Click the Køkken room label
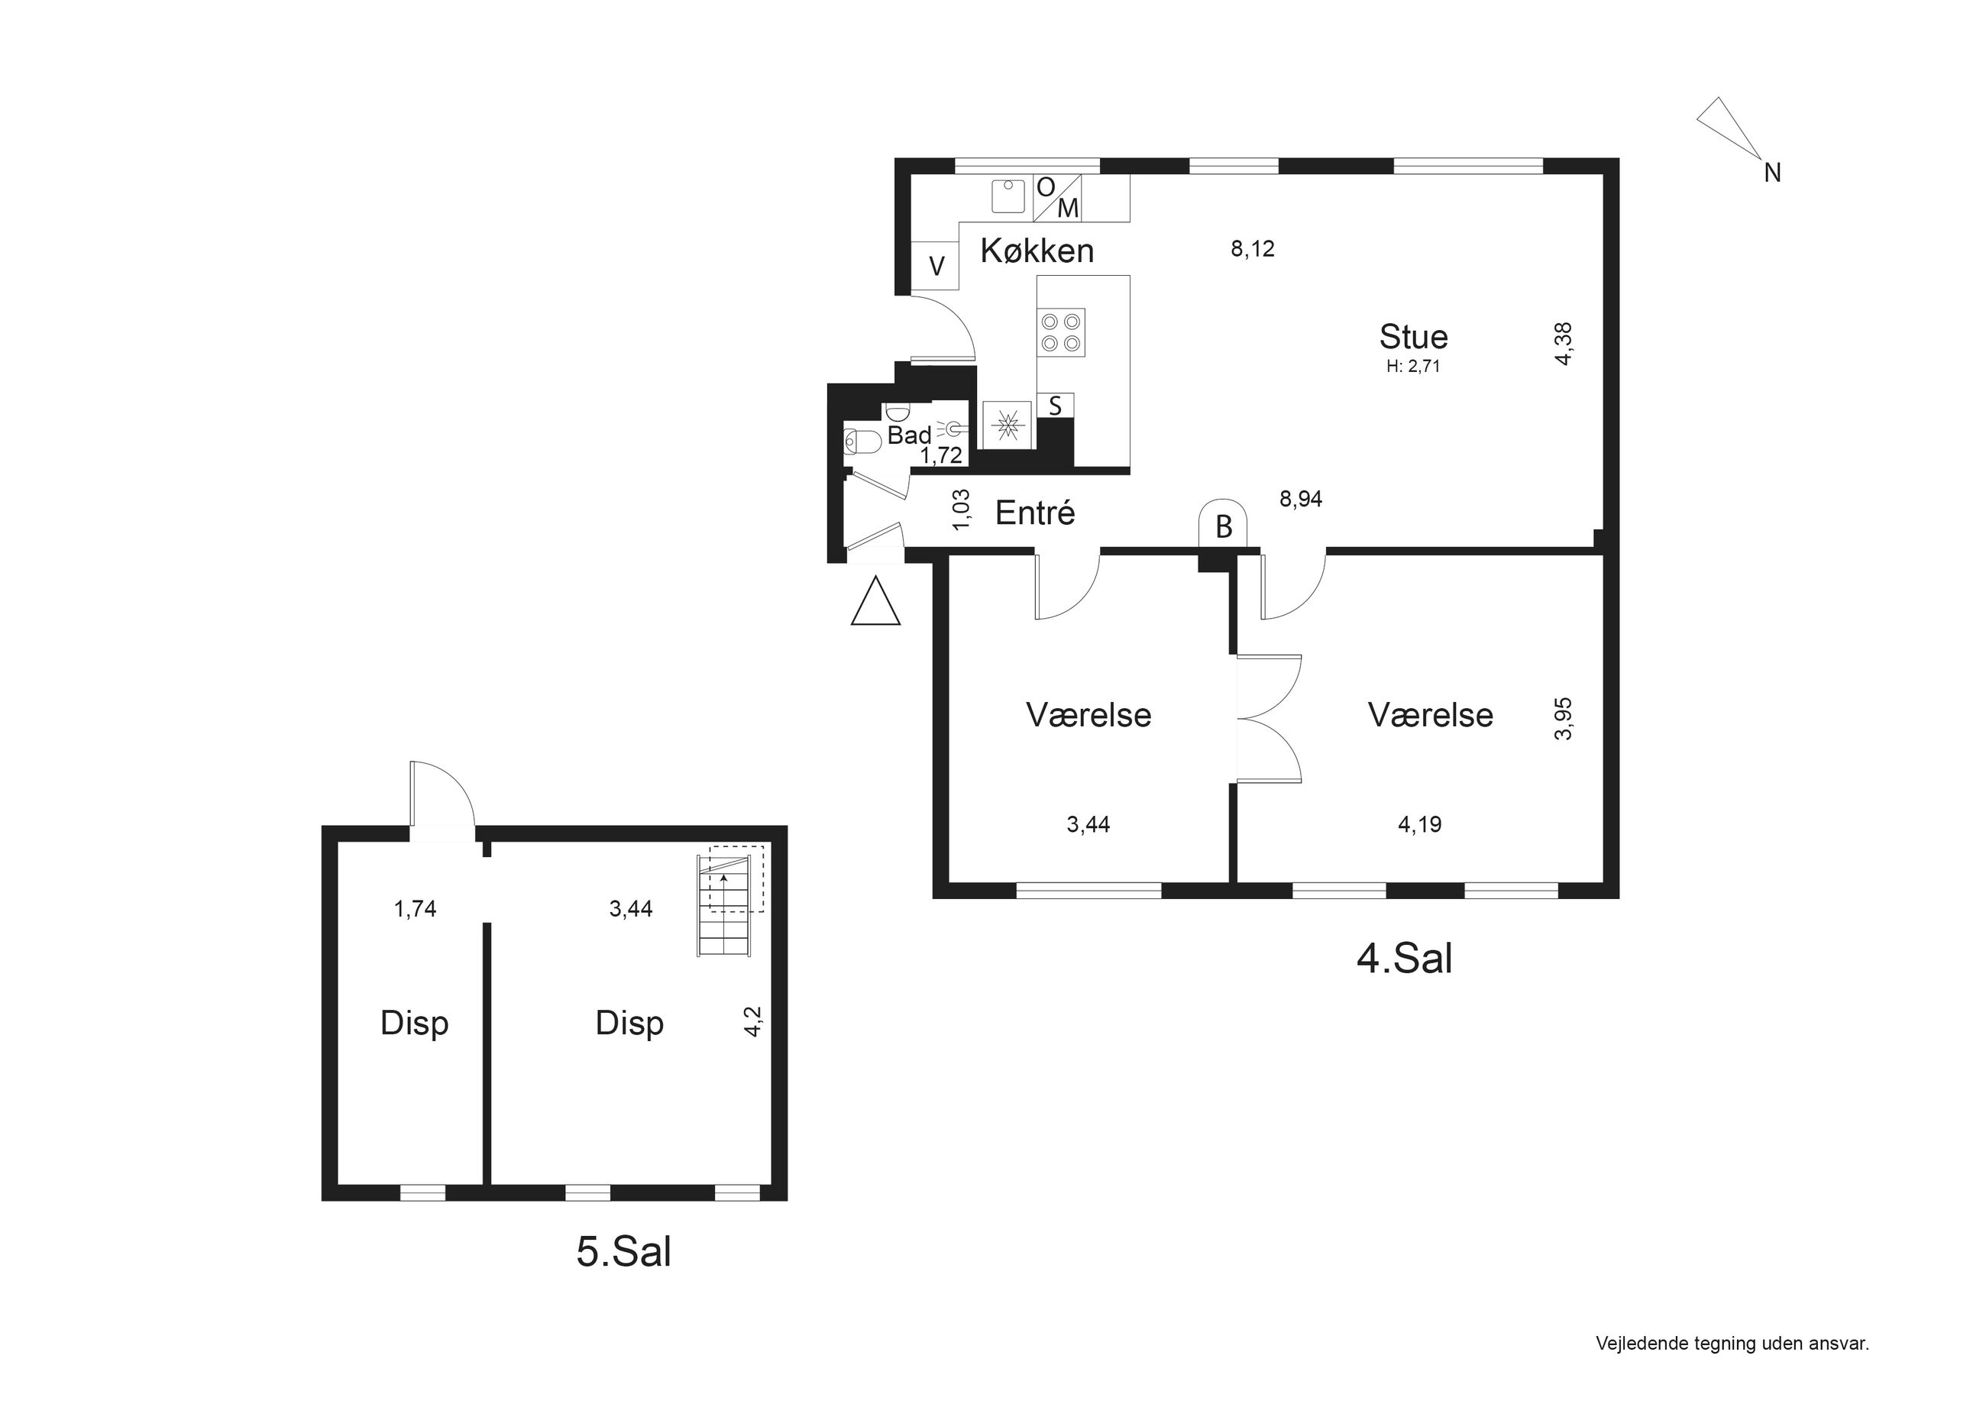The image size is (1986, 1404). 1037,251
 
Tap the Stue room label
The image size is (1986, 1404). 1413,337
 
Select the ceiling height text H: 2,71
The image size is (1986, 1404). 1413,366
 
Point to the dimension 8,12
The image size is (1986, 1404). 1253,249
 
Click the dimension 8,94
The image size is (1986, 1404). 1301,498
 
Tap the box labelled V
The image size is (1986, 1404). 936,265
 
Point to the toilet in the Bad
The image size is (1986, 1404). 862,442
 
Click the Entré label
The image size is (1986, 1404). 1034,513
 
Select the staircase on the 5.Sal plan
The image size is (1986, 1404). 725,906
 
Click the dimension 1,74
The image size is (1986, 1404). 416,908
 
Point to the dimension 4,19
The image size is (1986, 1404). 1419,824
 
